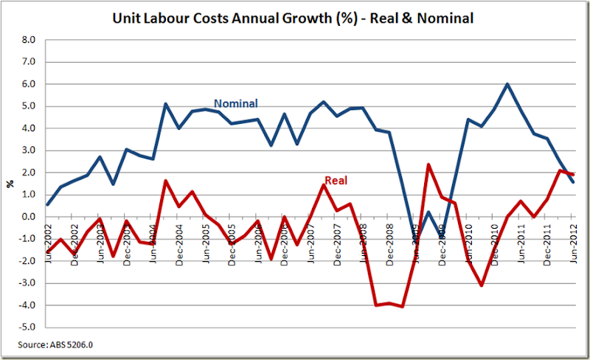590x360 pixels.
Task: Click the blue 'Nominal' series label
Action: tap(235, 103)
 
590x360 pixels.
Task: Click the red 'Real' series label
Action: tap(336, 180)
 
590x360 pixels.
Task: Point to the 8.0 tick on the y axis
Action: tap(28, 40)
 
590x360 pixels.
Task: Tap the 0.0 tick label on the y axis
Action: tap(28, 217)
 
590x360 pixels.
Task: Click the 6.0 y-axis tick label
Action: tap(28, 84)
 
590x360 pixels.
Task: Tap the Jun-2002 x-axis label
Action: tap(49, 238)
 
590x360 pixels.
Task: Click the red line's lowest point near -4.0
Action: tap(403, 306)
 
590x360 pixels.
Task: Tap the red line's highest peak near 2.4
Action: tap(428, 165)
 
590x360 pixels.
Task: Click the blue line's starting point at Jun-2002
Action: tap(48, 205)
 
